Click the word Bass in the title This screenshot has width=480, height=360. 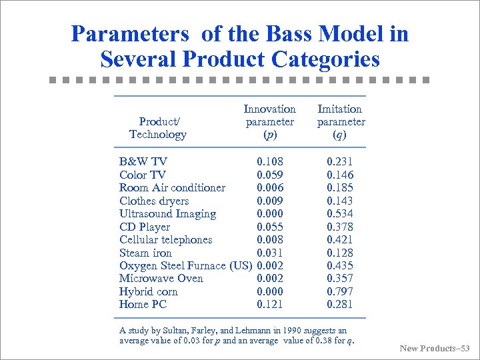[306, 33]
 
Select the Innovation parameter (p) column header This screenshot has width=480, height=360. [269, 121]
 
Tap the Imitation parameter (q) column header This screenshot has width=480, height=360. [340, 121]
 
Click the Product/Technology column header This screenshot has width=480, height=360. [158, 128]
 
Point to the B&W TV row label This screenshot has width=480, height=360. [143, 161]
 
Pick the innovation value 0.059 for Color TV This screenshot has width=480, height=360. [270, 175]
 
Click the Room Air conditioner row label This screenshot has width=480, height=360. [172, 187]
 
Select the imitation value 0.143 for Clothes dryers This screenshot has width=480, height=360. [340, 201]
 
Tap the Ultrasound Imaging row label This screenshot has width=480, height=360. [167, 213]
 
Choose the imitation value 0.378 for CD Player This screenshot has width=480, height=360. [340, 227]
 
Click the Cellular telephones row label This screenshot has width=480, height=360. [165, 239]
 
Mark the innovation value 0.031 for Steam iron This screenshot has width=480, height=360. [270, 253]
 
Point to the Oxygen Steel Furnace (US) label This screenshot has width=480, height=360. [185, 265]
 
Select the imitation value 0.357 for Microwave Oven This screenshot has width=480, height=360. [340, 278]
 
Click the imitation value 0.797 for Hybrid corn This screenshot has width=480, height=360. [340, 291]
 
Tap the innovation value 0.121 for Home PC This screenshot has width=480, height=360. [270, 304]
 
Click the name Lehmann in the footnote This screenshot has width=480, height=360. [239, 331]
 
